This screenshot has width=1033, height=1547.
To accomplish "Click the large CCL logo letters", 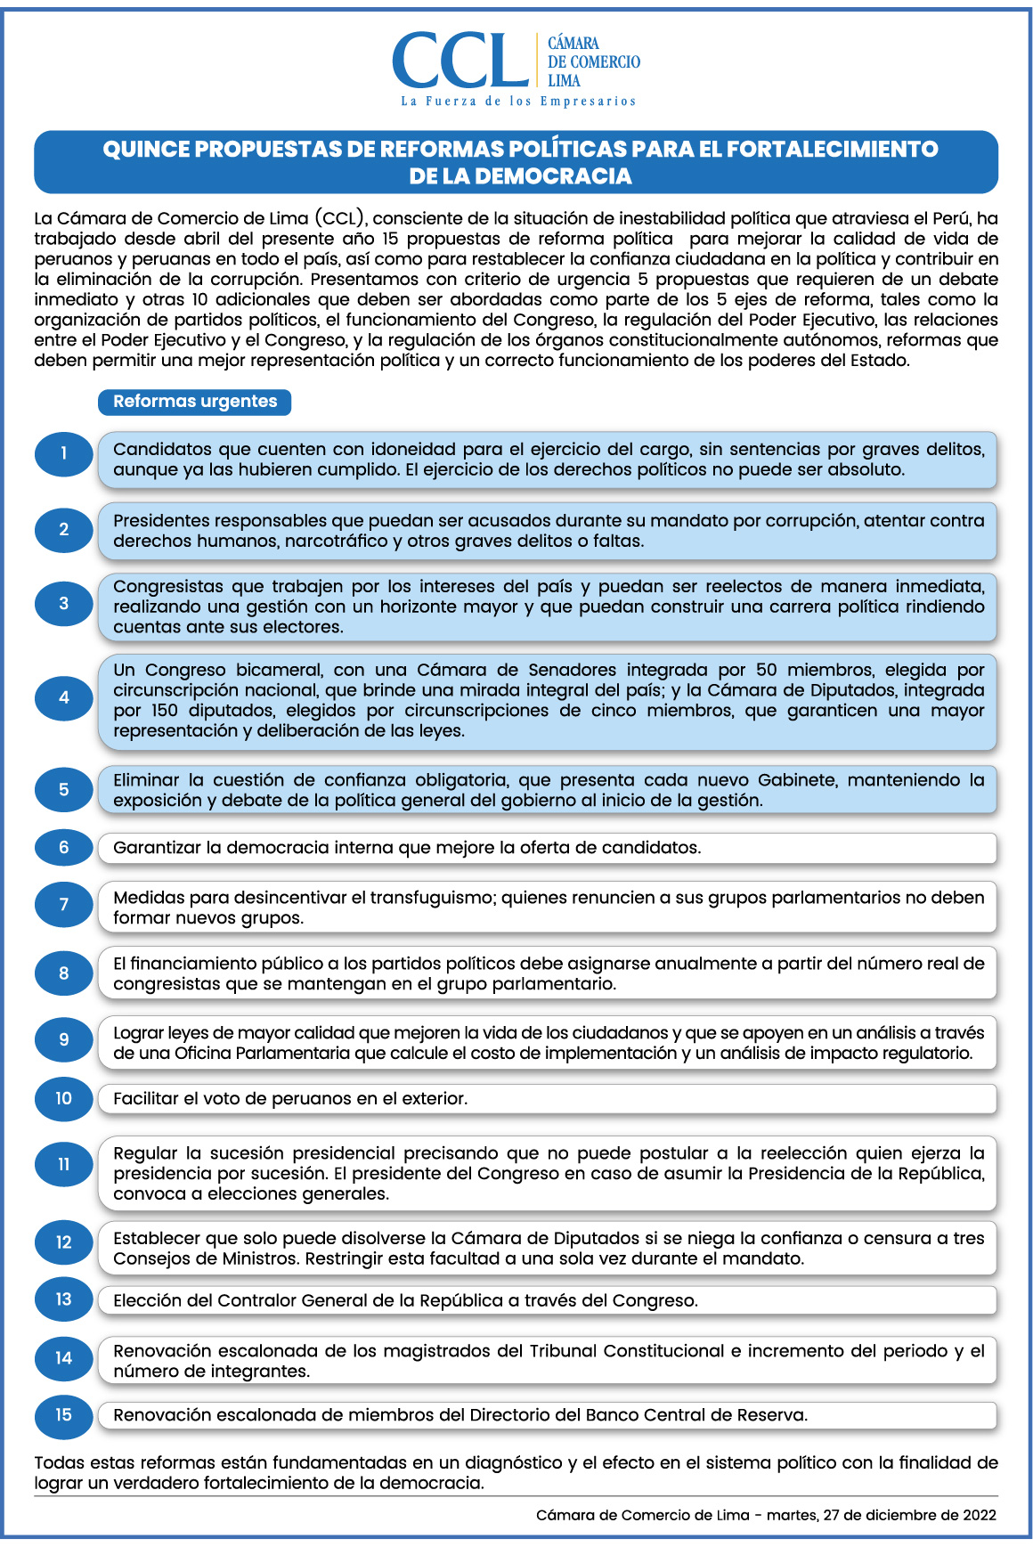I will pyautogui.click(x=460, y=61).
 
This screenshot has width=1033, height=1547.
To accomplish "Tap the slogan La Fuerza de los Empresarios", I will pyautogui.click(x=518, y=102).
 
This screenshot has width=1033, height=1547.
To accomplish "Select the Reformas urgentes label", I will pyautogui.click(x=195, y=402).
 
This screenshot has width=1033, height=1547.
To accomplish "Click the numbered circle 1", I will pyautogui.click(x=63, y=453).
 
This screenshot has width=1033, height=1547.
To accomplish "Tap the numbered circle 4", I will pyautogui.click(x=63, y=697).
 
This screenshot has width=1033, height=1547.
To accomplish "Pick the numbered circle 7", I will pyautogui.click(x=63, y=905).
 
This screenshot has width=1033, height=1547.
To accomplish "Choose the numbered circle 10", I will pyautogui.click(x=63, y=1098).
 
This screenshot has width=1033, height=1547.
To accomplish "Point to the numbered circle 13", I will pyautogui.click(x=63, y=1299).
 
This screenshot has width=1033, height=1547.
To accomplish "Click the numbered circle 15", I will pyautogui.click(x=63, y=1415).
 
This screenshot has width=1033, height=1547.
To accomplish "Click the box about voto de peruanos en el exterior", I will pyautogui.click(x=547, y=1099).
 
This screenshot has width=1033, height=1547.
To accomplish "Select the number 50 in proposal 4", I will pyautogui.click(x=767, y=670).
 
